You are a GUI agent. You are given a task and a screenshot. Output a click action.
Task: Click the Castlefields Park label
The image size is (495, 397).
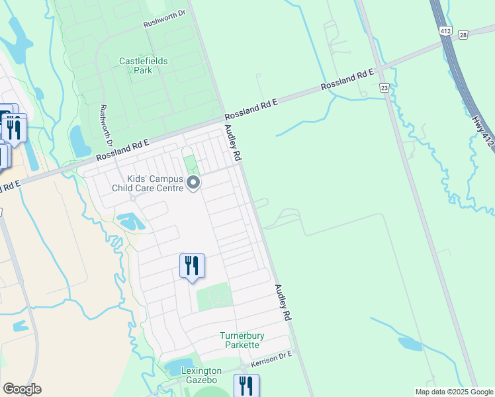[x=143, y=65]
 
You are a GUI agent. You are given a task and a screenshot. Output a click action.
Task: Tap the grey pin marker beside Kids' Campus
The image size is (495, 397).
[x=193, y=183]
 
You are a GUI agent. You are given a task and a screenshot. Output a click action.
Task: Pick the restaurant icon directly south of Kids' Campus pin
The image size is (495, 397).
[x=192, y=266]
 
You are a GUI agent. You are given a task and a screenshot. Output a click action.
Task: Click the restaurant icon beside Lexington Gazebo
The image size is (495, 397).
[x=246, y=385]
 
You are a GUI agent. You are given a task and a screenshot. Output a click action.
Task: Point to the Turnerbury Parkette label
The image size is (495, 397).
[x=242, y=340]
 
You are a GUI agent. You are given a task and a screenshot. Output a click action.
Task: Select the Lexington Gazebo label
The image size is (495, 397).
[x=201, y=376]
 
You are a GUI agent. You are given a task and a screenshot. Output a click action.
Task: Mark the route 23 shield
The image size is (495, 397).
[x=384, y=87]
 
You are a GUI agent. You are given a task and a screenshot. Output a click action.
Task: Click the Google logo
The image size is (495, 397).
[x=22, y=389]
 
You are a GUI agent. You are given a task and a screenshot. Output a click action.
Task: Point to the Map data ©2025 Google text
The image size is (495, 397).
[x=453, y=392]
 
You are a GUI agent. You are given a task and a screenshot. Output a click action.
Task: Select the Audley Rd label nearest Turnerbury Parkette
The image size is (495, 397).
[x=283, y=303]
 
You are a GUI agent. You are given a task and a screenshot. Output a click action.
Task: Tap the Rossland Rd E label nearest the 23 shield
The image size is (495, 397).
[x=348, y=79]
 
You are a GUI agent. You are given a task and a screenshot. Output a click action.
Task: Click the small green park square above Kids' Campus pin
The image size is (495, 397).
[x=190, y=162]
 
